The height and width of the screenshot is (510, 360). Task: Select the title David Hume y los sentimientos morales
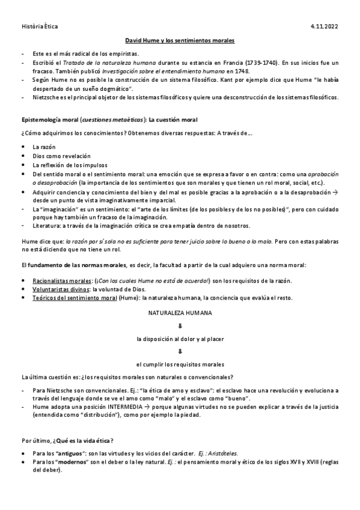pos(180,40)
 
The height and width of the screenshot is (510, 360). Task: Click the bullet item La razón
pos(44,147)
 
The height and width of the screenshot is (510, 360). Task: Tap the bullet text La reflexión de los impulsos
pos(68,165)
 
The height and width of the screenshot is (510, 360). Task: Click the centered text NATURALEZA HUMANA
pos(180,313)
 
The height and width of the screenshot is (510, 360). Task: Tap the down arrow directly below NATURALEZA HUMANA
pos(180,326)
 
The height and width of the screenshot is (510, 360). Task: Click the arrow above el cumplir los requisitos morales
pos(180,351)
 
